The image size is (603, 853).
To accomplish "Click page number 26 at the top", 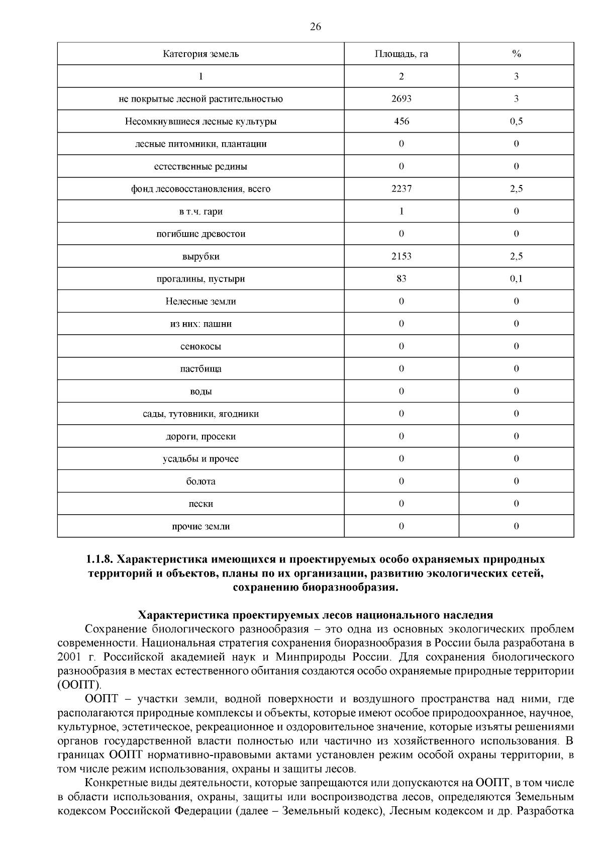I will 315,27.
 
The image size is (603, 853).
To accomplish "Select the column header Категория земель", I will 200,54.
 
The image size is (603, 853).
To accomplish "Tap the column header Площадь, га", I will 401,54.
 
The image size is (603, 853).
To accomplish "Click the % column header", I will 516,54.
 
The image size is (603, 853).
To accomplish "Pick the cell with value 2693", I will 401,99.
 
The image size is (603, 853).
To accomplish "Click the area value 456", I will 401,122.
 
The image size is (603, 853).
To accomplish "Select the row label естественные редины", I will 200,166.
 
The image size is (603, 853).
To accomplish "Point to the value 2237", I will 401,189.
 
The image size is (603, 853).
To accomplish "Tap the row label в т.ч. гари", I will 200,212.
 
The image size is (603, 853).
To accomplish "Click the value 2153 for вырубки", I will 401,256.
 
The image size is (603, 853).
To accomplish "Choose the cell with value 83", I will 401,279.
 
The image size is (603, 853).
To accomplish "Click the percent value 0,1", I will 516,279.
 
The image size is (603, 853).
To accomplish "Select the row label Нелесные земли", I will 200,302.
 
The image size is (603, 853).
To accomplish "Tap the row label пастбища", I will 200,369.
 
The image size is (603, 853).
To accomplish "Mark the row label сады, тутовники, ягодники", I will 200,414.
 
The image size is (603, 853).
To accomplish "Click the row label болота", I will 200,482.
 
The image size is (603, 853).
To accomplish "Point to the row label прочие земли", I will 200,527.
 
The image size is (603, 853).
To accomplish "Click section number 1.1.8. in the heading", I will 100,559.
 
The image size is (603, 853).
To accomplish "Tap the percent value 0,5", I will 516,122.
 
